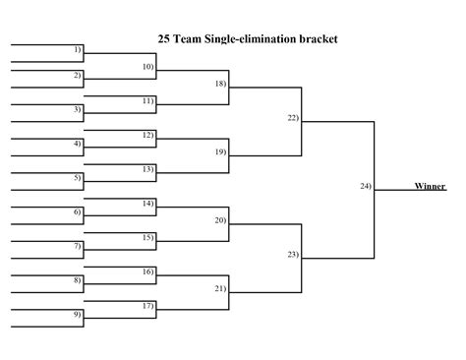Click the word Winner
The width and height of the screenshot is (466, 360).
(429, 186)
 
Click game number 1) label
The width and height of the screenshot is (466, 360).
(78, 49)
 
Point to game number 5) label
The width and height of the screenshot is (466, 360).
(78, 177)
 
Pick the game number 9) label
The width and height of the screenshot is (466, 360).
(78, 314)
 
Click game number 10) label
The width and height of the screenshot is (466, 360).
(148, 66)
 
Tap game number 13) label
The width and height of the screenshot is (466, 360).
(148, 169)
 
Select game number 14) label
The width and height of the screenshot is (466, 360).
(148, 203)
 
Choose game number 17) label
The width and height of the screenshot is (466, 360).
(148, 306)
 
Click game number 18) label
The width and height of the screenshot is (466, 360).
(220, 84)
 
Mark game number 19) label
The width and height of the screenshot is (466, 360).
(220, 151)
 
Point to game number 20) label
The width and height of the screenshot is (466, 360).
(220, 220)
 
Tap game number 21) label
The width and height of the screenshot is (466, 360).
(220, 288)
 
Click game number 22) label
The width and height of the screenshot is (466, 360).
(293, 118)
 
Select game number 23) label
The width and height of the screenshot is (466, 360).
(293, 255)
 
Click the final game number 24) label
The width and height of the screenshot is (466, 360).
(366, 186)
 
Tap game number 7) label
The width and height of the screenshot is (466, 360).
(78, 246)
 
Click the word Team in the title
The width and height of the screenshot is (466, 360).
(191, 39)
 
